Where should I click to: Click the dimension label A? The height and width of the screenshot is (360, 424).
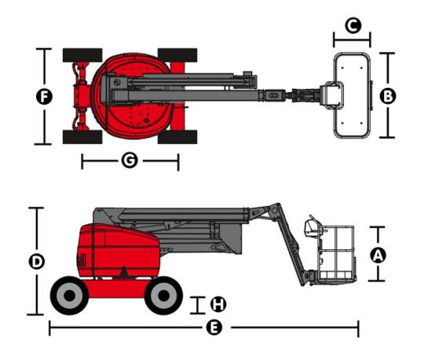[x=378, y=255]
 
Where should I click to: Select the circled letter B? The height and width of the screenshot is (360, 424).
[x=388, y=96]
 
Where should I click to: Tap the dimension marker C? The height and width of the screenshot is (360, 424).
[x=353, y=26]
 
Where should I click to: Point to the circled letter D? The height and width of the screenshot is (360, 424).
[x=36, y=262]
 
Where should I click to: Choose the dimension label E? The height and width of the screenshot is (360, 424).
[x=214, y=328]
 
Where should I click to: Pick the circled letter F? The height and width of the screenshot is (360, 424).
[x=44, y=97]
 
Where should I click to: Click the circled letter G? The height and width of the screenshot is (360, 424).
[x=130, y=160]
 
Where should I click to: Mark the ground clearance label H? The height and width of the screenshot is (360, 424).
[x=218, y=304]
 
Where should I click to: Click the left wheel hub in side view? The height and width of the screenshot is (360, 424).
[x=70, y=296]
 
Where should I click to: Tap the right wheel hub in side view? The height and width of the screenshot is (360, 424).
[x=163, y=296]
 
